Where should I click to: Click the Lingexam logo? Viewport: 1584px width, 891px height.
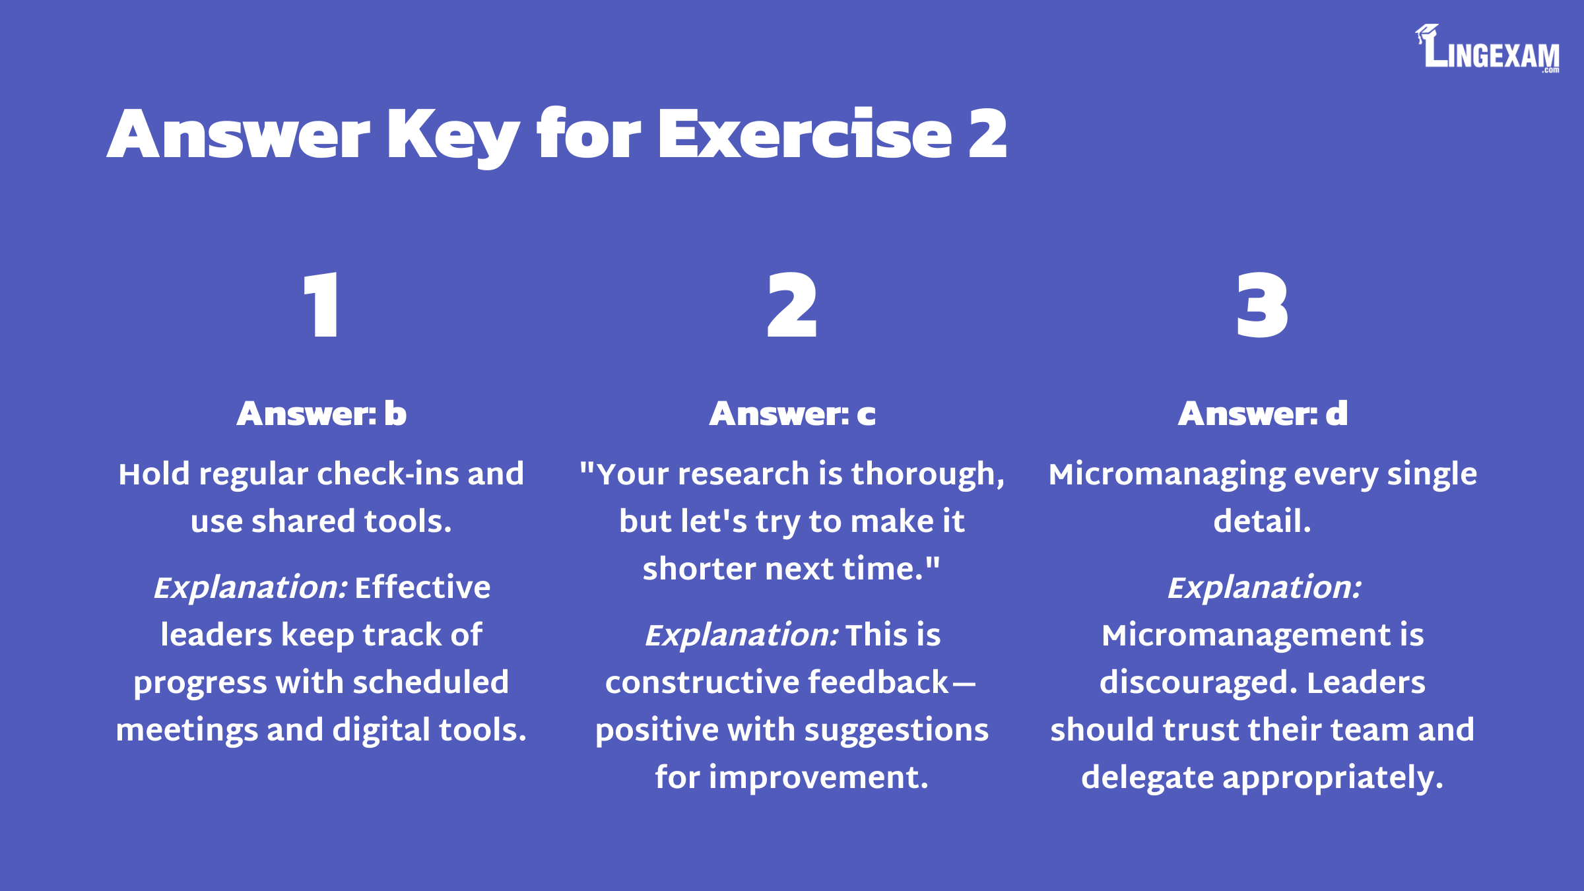pos(1487,48)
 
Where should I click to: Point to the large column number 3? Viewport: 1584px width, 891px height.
pos(1262,306)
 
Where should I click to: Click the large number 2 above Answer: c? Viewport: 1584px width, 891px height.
pos(792,305)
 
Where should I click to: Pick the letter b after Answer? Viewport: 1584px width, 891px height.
pos(395,414)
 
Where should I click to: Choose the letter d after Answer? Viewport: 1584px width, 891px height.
pos(1336,414)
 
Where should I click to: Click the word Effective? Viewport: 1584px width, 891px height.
pos(422,587)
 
